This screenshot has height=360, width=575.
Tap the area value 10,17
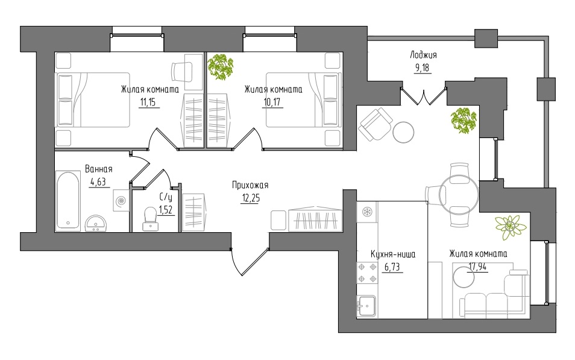272,102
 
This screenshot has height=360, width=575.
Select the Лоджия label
423,55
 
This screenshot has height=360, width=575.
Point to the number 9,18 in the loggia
421,68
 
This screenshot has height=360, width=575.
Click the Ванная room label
99,169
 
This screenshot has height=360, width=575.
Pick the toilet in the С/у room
150,219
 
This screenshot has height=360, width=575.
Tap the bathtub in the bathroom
68,200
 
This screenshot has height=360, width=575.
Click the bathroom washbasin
96,223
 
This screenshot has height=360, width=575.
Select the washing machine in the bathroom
121,200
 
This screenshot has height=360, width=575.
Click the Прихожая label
250,185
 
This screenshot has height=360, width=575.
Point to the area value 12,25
251,198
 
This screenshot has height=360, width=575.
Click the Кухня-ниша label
393,254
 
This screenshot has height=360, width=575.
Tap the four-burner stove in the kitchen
367,273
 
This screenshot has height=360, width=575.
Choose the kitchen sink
366,306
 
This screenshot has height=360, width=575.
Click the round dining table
460,195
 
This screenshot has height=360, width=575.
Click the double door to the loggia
424,96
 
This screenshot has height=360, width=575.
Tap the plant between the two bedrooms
221,67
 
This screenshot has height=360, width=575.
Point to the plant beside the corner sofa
511,227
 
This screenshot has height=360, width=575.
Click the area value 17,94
477,267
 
